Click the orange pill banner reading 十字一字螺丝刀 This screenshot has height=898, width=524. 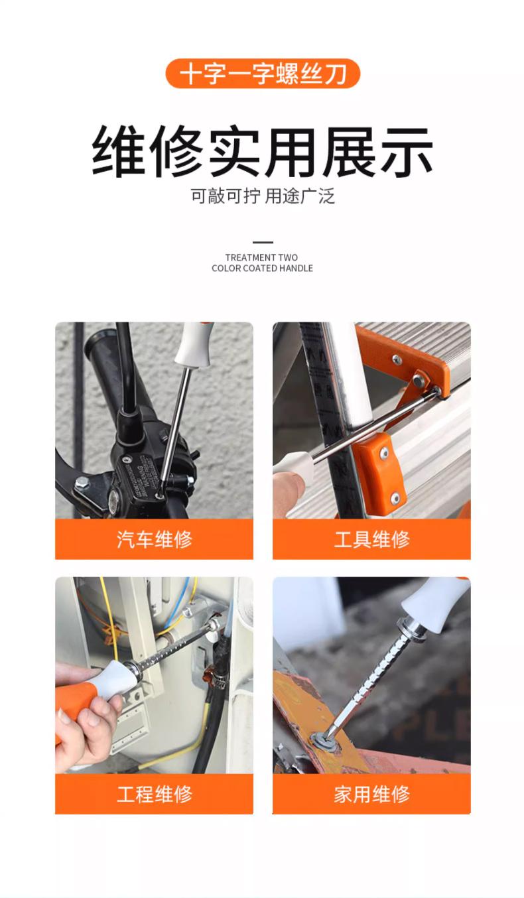click(263, 74)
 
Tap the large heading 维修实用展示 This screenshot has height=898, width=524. click(262, 151)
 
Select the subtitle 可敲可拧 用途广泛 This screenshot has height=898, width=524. click(263, 196)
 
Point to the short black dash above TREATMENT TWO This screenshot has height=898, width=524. click(263, 242)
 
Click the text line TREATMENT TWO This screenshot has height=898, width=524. click(261, 257)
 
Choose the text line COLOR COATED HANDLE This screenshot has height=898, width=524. click(262, 268)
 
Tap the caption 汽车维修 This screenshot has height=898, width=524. click(155, 539)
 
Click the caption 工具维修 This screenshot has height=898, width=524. click(371, 539)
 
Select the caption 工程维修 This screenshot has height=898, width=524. click(155, 794)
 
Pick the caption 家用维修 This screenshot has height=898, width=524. click(371, 794)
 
